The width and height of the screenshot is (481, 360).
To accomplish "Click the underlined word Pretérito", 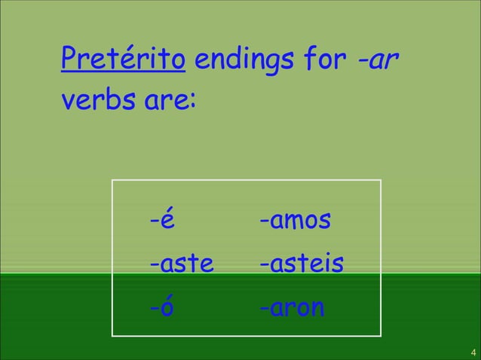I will pyautogui.click(x=124, y=59).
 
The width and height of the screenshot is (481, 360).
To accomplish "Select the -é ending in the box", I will pyautogui.click(x=162, y=222).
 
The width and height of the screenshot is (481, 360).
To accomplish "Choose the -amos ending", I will pyautogui.click(x=295, y=222).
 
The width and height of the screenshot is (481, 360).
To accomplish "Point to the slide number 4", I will pyautogui.click(x=472, y=352).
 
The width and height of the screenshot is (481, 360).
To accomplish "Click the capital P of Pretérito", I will pyautogui.click(x=69, y=59).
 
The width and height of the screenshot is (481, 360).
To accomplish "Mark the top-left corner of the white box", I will pyautogui.click(x=112, y=181).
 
